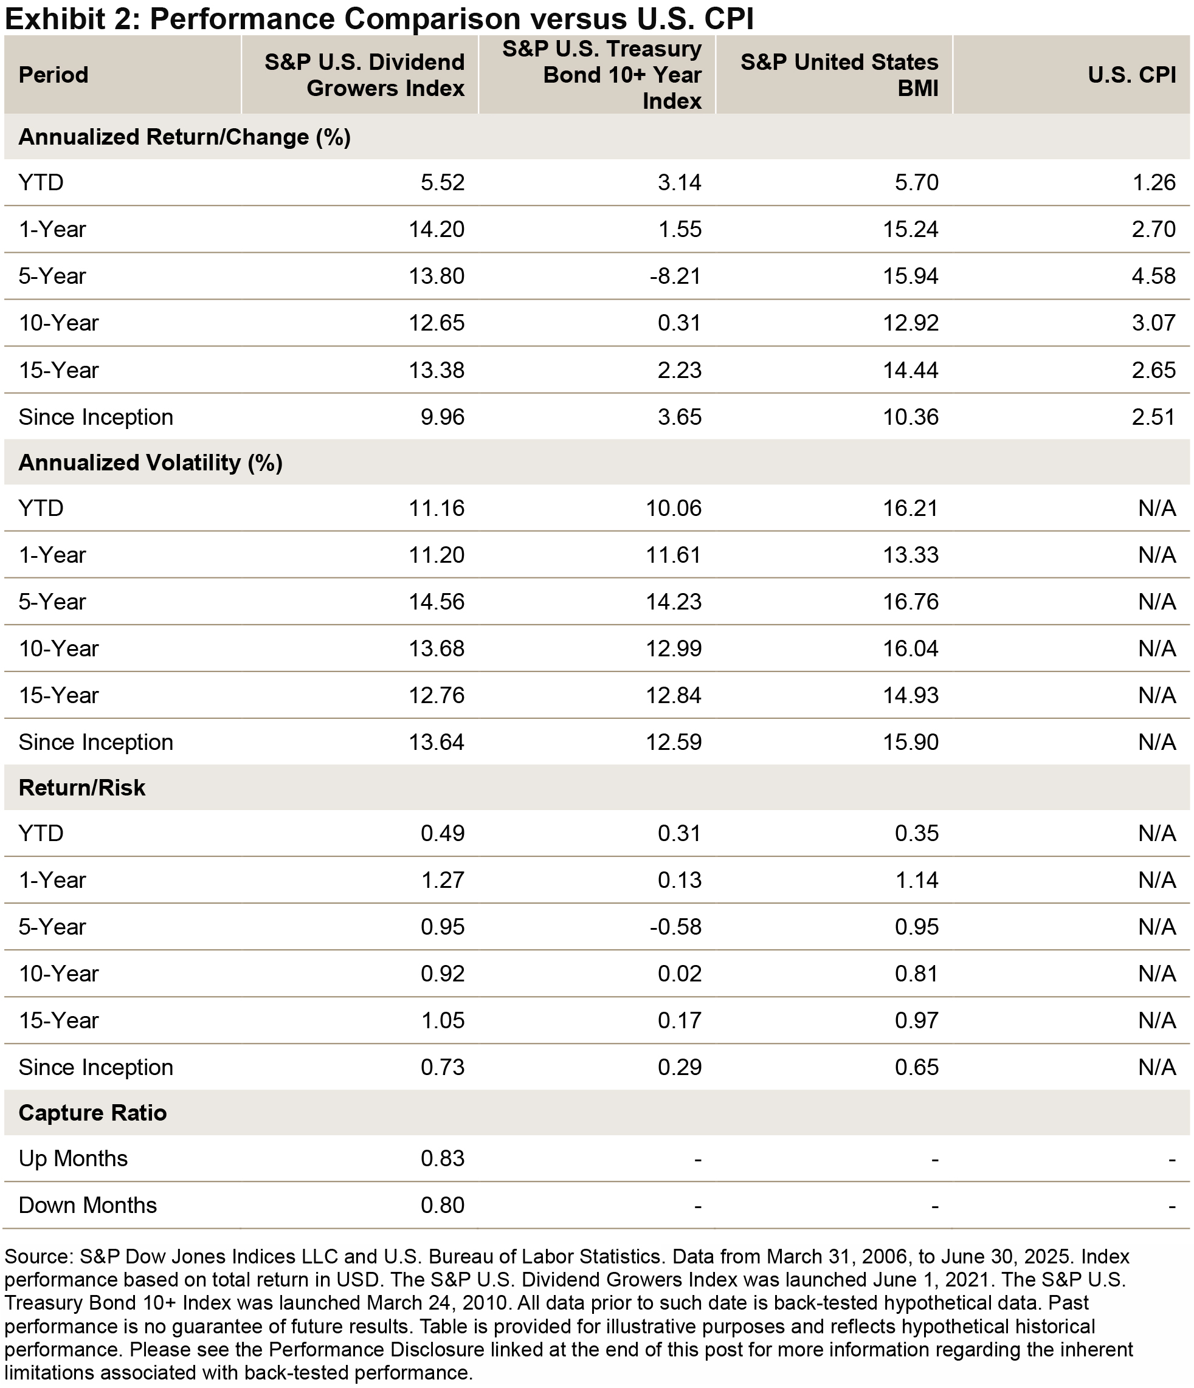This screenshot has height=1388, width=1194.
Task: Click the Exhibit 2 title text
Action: click(379, 19)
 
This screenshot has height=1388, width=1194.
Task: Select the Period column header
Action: click(53, 75)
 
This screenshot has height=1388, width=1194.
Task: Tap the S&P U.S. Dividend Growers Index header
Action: click(365, 75)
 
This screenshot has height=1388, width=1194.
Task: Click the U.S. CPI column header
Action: click(1132, 75)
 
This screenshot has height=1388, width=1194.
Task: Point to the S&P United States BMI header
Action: click(840, 75)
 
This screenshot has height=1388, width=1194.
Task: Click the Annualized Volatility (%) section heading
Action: click(151, 463)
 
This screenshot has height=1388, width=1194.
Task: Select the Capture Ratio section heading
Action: click(92, 1113)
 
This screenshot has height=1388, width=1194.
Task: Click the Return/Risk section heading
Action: click(81, 788)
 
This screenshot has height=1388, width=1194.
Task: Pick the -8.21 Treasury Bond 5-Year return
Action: click(675, 276)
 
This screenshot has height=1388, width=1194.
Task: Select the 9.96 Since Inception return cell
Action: click(442, 417)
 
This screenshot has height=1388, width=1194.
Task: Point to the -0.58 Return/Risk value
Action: click(675, 927)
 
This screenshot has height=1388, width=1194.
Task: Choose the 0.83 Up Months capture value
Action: click(442, 1158)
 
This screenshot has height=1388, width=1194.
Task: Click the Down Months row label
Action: click(88, 1205)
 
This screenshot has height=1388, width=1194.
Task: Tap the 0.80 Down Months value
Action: click(442, 1205)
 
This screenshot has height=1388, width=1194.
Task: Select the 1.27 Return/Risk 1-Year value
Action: click(442, 880)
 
